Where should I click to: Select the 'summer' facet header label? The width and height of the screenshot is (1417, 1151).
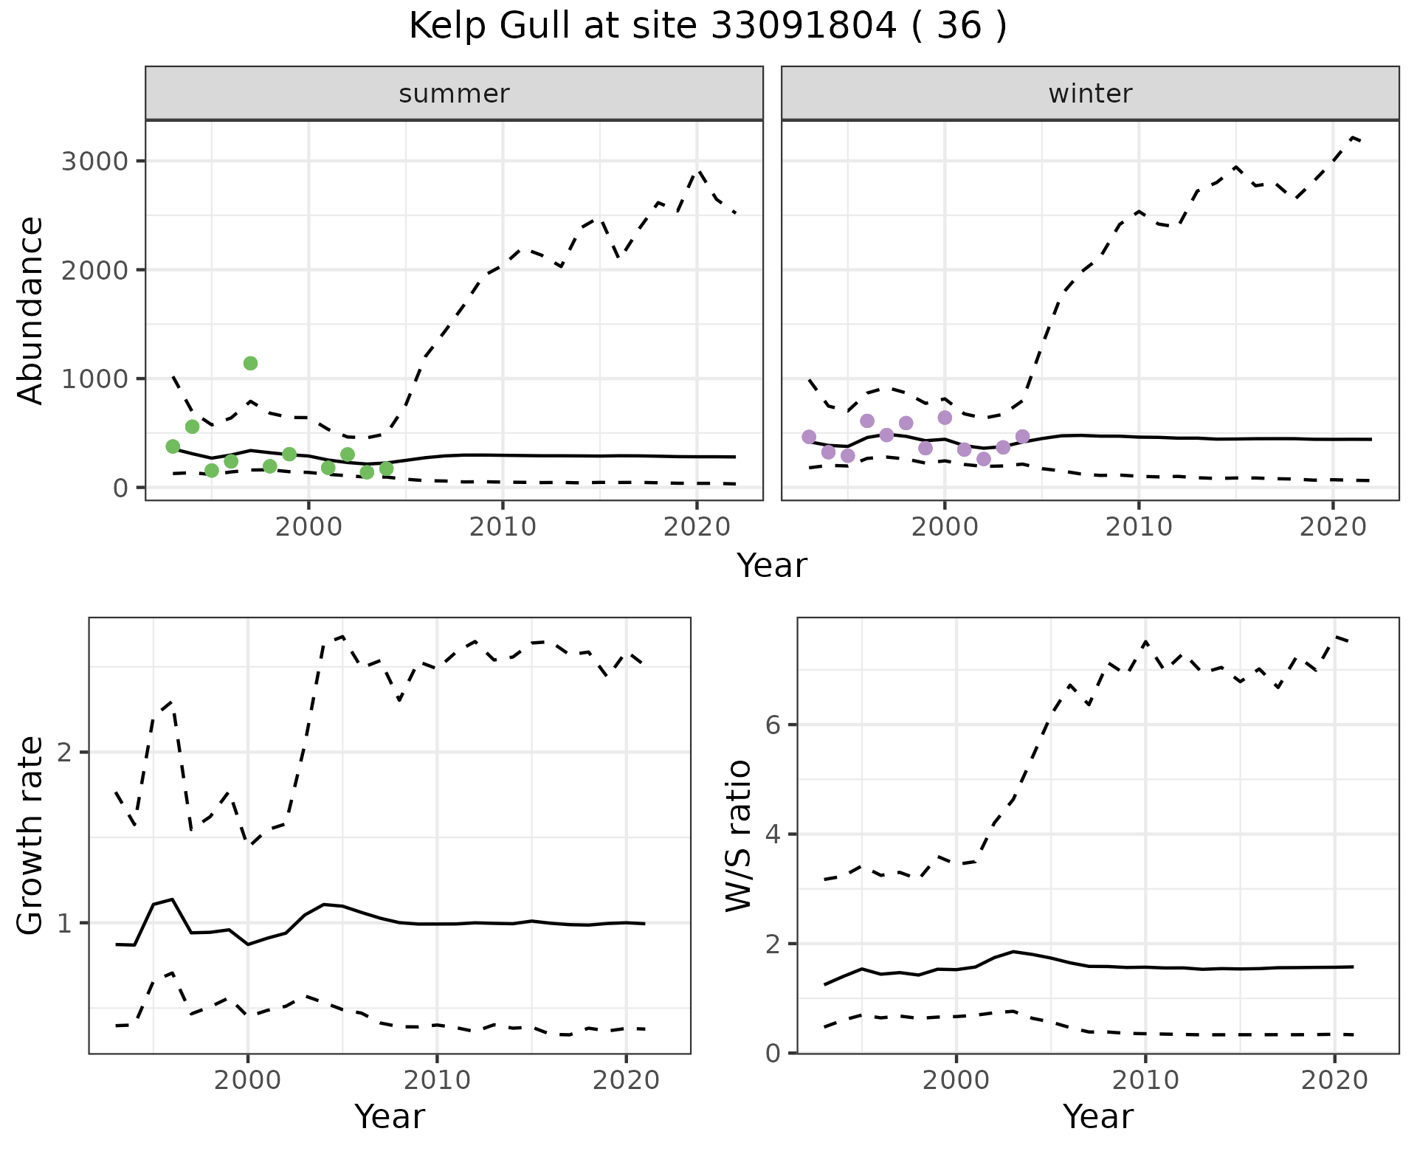click(x=454, y=94)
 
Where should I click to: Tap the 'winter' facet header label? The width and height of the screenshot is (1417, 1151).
click(x=1090, y=94)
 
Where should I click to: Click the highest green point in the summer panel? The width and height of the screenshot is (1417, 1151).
click(x=250, y=363)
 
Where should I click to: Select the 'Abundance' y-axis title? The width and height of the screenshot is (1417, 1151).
click(x=31, y=310)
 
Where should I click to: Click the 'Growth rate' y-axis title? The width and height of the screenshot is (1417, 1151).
click(x=31, y=836)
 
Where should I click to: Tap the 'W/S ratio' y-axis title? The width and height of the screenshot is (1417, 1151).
click(x=739, y=836)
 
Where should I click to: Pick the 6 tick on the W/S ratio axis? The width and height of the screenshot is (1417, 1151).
click(x=773, y=725)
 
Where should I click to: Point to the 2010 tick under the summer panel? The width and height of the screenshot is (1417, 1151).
click(x=503, y=527)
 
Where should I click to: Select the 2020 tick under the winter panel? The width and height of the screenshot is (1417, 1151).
click(x=1332, y=527)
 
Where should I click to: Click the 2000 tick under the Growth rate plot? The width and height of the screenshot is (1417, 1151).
click(x=248, y=1081)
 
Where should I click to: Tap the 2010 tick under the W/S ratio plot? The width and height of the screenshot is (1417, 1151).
click(x=1145, y=1081)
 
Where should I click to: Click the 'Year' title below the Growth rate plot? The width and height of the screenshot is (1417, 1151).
click(x=389, y=1117)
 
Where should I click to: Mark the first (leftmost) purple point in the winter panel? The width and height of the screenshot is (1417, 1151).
click(x=809, y=437)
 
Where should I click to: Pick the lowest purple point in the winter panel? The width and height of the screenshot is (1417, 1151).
click(x=983, y=459)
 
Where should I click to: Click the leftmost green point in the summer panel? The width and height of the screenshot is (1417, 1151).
click(x=173, y=446)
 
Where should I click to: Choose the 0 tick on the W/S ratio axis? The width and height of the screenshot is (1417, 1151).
click(x=773, y=1053)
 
